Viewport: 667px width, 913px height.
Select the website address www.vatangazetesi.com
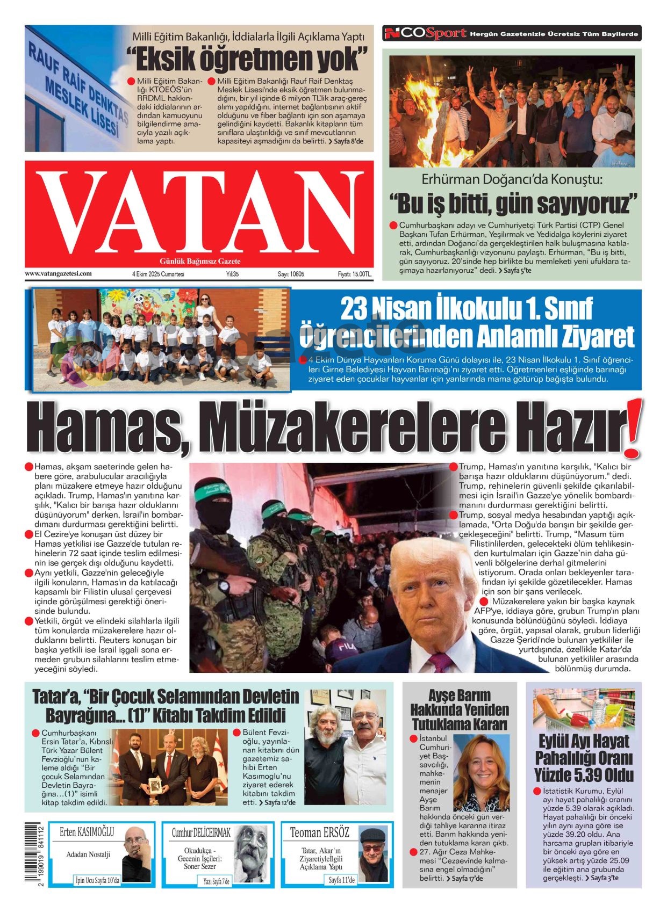tap(58, 274)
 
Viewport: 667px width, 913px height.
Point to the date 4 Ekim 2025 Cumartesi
tap(158, 274)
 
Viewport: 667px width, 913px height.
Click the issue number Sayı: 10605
tap(291, 274)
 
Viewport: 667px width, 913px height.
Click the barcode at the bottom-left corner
tap(34, 854)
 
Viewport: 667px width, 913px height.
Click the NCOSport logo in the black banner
tap(425, 34)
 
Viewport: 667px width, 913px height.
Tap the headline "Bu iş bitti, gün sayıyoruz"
tap(513, 204)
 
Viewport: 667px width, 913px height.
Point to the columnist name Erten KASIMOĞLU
tap(87, 832)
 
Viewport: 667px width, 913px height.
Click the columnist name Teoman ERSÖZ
tap(319, 833)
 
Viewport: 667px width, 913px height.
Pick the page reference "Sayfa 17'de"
tap(467, 878)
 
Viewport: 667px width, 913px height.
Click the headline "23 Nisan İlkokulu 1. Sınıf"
tap(467, 308)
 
